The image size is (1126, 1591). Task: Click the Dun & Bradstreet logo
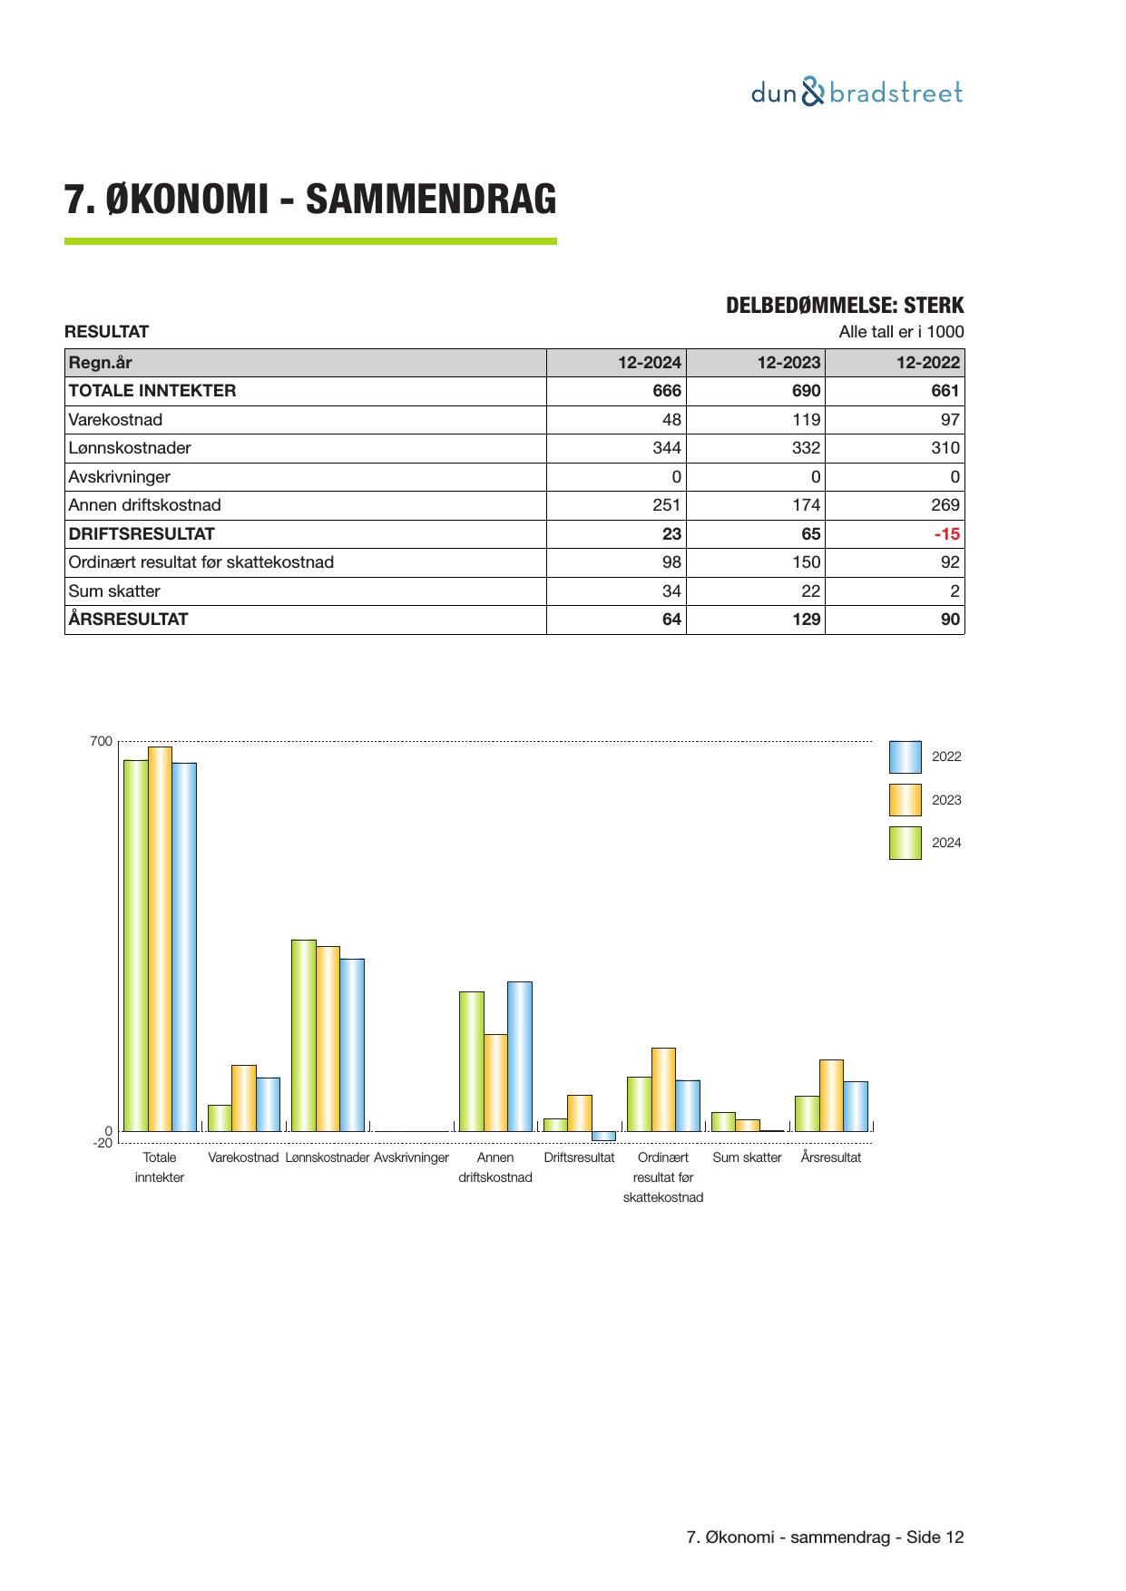857,93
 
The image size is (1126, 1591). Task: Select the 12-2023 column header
788,363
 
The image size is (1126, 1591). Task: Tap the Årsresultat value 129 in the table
806,620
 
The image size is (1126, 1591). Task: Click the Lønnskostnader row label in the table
130,448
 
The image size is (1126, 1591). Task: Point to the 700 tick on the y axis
102,742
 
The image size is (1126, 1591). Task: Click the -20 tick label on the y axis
103,1143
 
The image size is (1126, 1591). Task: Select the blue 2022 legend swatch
905,756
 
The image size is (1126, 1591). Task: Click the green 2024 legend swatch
905,843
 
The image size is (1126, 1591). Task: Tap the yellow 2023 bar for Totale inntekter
160,939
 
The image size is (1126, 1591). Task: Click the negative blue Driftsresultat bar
603,1136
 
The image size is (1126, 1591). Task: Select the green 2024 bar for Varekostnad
220,1118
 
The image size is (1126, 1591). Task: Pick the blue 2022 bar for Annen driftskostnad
519,1056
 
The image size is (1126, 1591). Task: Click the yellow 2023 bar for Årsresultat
831,1095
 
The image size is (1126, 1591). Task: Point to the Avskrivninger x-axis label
411,1158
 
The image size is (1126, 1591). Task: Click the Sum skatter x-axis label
747,1158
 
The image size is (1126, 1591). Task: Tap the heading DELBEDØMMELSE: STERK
845,306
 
